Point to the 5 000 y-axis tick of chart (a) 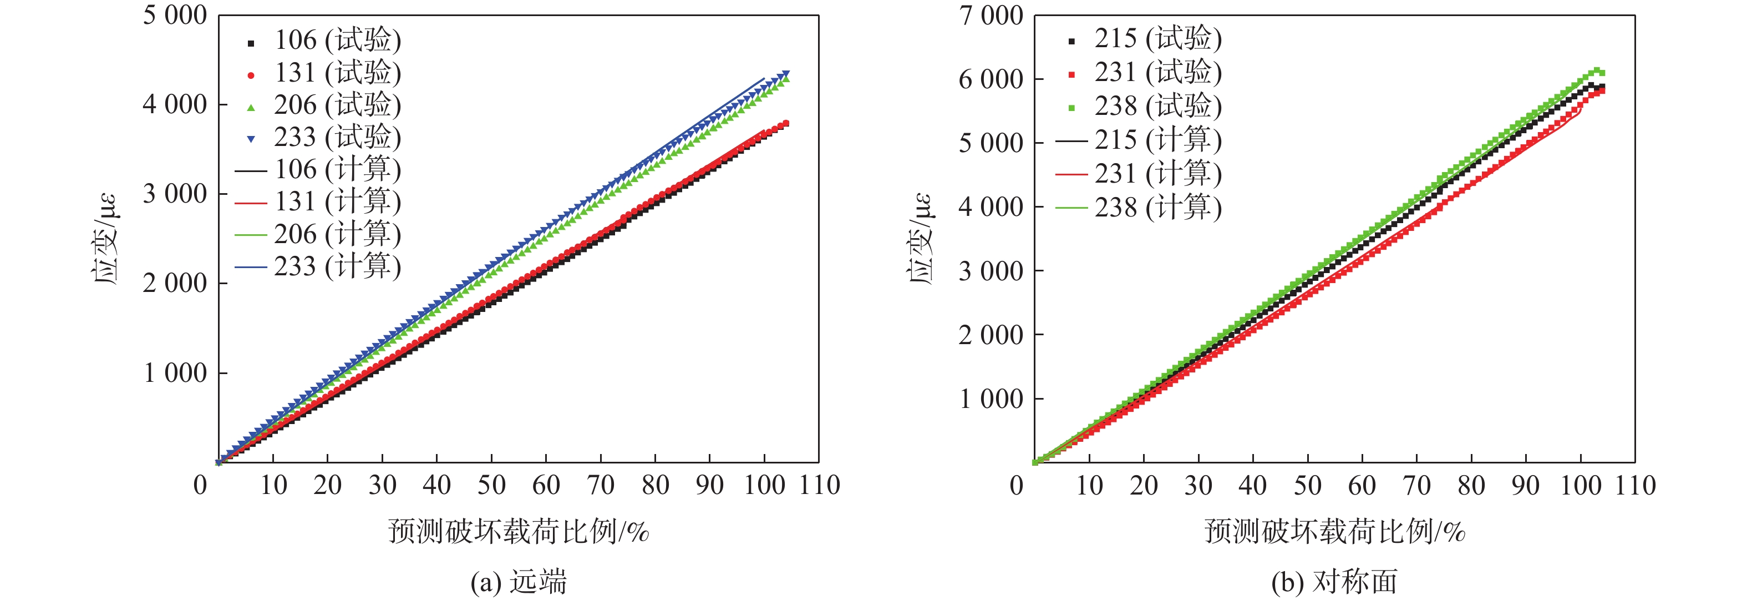[174, 15]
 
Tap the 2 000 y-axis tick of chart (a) [174, 283]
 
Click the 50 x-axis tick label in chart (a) [492, 485]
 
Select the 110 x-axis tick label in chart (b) [1635, 485]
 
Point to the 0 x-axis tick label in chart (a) [200, 485]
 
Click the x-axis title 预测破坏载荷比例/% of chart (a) [519, 531]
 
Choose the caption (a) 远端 [519, 582]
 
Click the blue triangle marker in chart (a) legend [251, 139]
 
